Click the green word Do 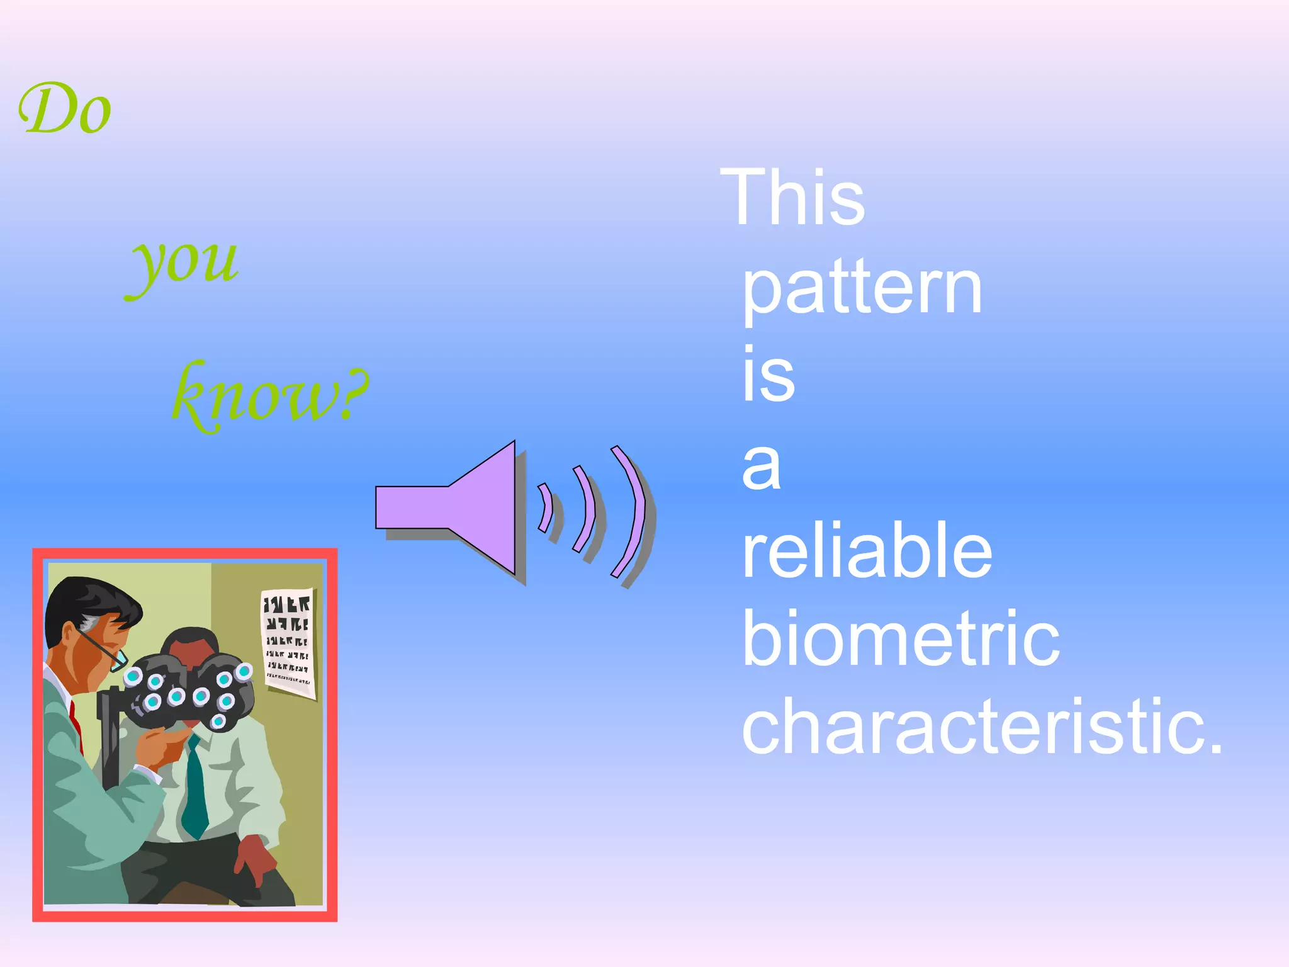point(65,110)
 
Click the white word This point(792,198)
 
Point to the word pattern point(862,290)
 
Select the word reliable point(867,551)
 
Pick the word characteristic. point(982,727)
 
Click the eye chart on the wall point(289,643)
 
